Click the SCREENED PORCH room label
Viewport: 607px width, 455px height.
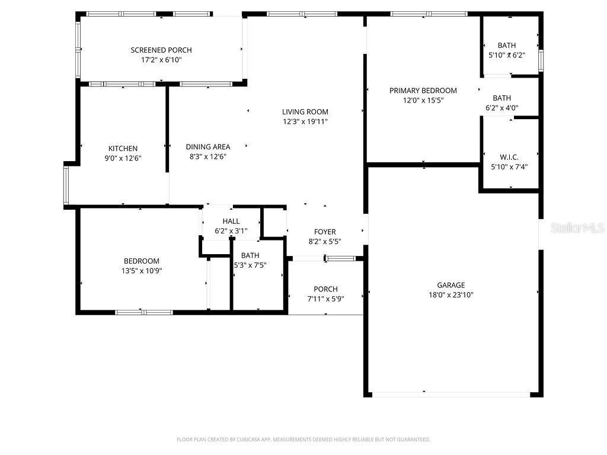point(161,50)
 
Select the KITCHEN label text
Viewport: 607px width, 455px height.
point(123,149)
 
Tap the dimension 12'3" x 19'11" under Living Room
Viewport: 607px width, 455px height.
point(305,121)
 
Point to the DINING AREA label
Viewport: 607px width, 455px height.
point(207,147)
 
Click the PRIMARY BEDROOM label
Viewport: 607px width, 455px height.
point(423,91)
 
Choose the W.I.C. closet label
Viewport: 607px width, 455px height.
point(509,157)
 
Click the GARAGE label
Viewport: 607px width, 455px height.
point(451,285)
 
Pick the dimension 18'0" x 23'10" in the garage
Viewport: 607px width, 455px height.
point(451,294)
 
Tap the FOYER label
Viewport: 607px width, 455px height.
point(325,232)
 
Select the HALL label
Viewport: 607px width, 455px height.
point(231,221)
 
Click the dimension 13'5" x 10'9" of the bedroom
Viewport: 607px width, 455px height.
point(141,271)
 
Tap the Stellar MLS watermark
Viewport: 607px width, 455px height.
point(577,228)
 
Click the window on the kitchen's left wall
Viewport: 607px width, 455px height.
point(66,184)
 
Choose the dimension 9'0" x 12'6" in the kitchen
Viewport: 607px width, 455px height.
point(123,158)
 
